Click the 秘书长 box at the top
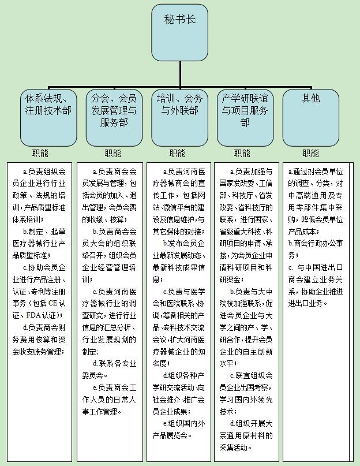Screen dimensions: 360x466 (179, 33)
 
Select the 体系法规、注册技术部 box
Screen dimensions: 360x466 (48, 118)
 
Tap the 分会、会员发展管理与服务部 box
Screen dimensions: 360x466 (114, 118)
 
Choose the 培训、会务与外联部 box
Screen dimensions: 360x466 (179, 118)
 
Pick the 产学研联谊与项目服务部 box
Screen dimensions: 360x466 (245, 118)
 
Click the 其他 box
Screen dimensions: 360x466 (311, 118)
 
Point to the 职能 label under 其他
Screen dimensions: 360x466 (311, 154)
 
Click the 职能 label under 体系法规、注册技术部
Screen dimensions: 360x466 (40, 154)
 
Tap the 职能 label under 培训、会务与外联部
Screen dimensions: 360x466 (177, 154)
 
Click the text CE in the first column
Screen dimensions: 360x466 (52, 303)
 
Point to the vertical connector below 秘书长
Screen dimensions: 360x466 (179, 74)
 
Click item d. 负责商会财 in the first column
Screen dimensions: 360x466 (44, 327)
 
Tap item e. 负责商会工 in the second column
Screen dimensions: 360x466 (114, 387)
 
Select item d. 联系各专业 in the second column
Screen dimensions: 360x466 (114, 363)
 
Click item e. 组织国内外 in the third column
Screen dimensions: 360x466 (184, 423)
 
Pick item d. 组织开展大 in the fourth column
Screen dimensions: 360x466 (251, 423)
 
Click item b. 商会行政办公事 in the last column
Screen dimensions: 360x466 (316, 244)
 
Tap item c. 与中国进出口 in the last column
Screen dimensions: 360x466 (316, 267)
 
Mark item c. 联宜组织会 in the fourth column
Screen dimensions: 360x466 (251, 376)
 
